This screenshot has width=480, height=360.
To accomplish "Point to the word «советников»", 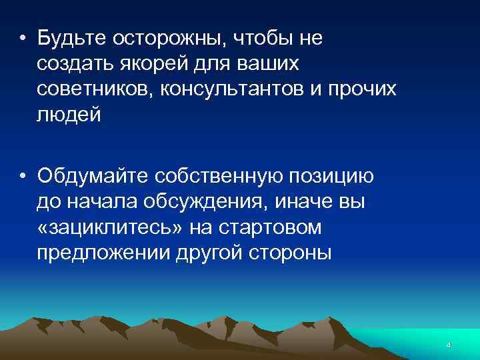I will (95, 89).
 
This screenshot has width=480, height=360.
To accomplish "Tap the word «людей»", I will (69, 115).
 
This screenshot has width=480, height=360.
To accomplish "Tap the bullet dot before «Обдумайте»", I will (23, 177).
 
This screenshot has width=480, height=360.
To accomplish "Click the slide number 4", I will (449, 345).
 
